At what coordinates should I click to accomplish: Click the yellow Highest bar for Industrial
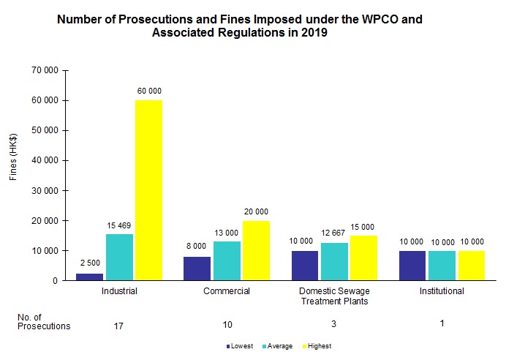[x=149, y=190]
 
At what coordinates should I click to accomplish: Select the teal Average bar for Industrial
[x=119, y=257]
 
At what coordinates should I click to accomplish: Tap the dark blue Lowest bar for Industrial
[x=89, y=277]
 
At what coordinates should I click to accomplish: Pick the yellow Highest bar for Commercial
[x=256, y=250]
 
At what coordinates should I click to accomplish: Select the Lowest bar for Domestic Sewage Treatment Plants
[x=305, y=266]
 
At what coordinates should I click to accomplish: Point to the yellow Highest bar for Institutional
[x=472, y=266]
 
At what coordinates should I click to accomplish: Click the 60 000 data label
[x=149, y=91]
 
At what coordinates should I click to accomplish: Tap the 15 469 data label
[x=119, y=225]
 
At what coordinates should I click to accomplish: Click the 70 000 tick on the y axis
[x=45, y=70]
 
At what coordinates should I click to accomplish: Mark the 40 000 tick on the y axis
[x=45, y=160]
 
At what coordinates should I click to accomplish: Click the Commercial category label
[x=227, y=291]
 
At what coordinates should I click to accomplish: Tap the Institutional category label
[x=442, y=291]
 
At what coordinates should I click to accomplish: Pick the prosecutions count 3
[x=334, y=323]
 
